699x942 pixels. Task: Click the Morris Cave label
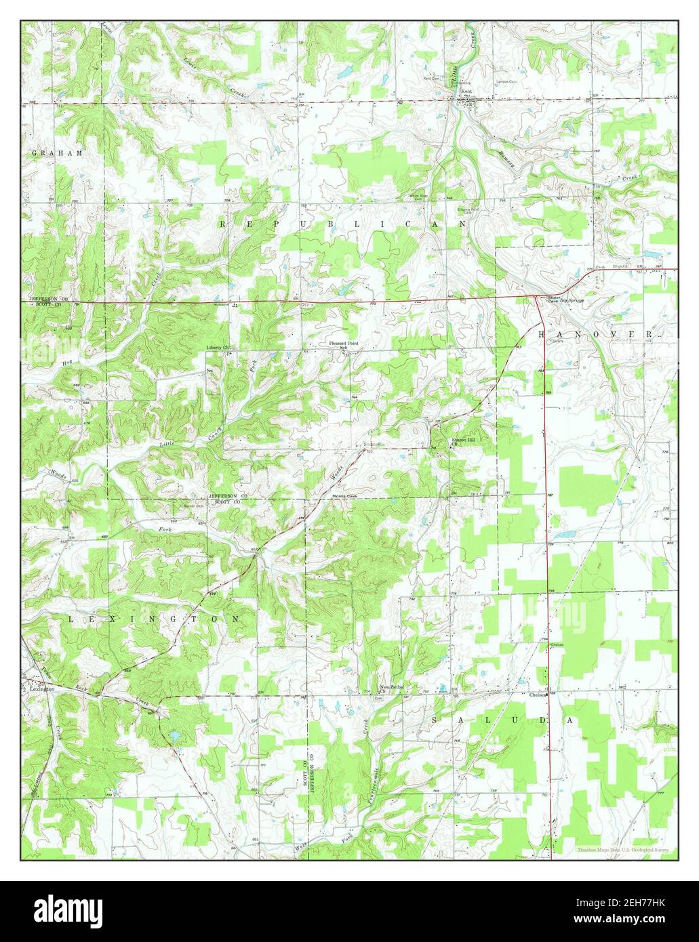(344, 496)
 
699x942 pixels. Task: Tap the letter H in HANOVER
(542, 335)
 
